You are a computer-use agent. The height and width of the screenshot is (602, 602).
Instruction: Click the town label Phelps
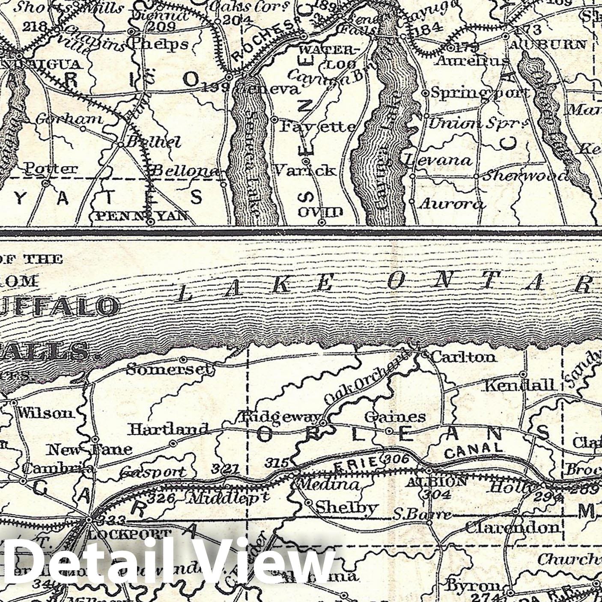tap(160, 44)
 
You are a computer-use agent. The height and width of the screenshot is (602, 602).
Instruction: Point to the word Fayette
tap(318, 126)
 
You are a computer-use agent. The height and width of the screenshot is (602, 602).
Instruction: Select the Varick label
tap(304, 170)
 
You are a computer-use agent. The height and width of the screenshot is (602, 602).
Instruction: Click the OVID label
tap(321, 212)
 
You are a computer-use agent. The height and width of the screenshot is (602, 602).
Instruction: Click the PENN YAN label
tap(141, 215)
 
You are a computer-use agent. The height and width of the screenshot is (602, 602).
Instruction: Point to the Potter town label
tap(51, 168)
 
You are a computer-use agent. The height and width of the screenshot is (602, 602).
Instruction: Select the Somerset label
tap(170, 369)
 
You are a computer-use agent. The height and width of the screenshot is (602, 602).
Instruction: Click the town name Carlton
tap(463, 357)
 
